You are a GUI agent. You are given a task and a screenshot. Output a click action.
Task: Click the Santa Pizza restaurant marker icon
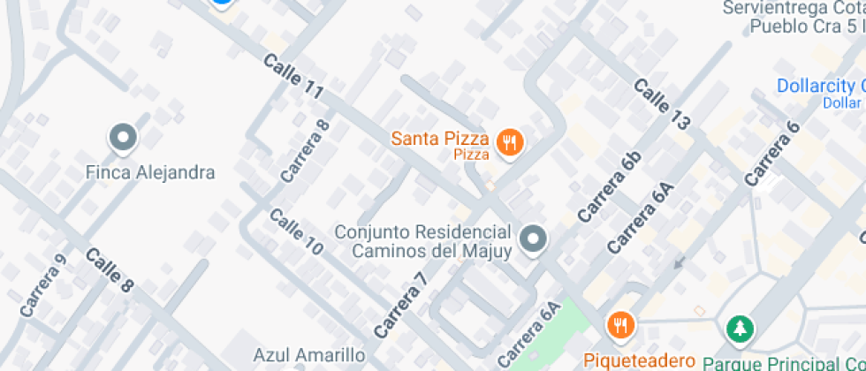(508, 142)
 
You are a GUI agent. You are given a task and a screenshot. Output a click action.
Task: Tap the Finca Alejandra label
(150, 171)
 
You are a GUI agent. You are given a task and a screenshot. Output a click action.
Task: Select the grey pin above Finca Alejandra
(123, 137)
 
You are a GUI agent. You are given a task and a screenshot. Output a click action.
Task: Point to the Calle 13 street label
(661, 104)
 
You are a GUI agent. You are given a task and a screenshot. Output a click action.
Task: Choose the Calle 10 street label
(296, 232)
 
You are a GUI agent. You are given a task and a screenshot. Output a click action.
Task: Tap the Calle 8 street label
(110, 270)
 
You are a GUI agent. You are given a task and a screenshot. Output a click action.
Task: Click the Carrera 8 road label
(305, 150)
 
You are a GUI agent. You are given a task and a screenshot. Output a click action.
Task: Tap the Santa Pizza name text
(440, 138)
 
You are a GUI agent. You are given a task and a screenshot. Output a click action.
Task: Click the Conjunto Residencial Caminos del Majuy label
(423, 242)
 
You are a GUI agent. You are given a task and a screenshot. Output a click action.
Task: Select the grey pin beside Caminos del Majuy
(532, 238)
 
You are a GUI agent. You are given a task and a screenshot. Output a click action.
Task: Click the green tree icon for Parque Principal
(738, 329)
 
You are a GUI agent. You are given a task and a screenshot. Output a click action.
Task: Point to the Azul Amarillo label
(309, 355)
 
